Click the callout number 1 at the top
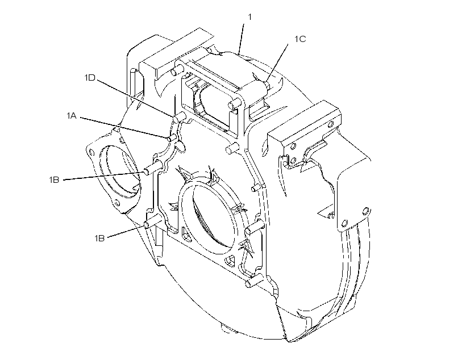[x=249, y=17]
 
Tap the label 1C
[x=300, y=39]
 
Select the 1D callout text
[x=90, y=78]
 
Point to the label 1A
[x=72, y=115]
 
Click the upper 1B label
[x=54, y=179]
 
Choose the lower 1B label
[x=99, y=238]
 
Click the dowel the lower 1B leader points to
[x=153, y=222]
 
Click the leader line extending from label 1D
[x=134, y=98]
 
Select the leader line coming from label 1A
[x=124, y=128]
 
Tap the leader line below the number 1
[x=241, y=39]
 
